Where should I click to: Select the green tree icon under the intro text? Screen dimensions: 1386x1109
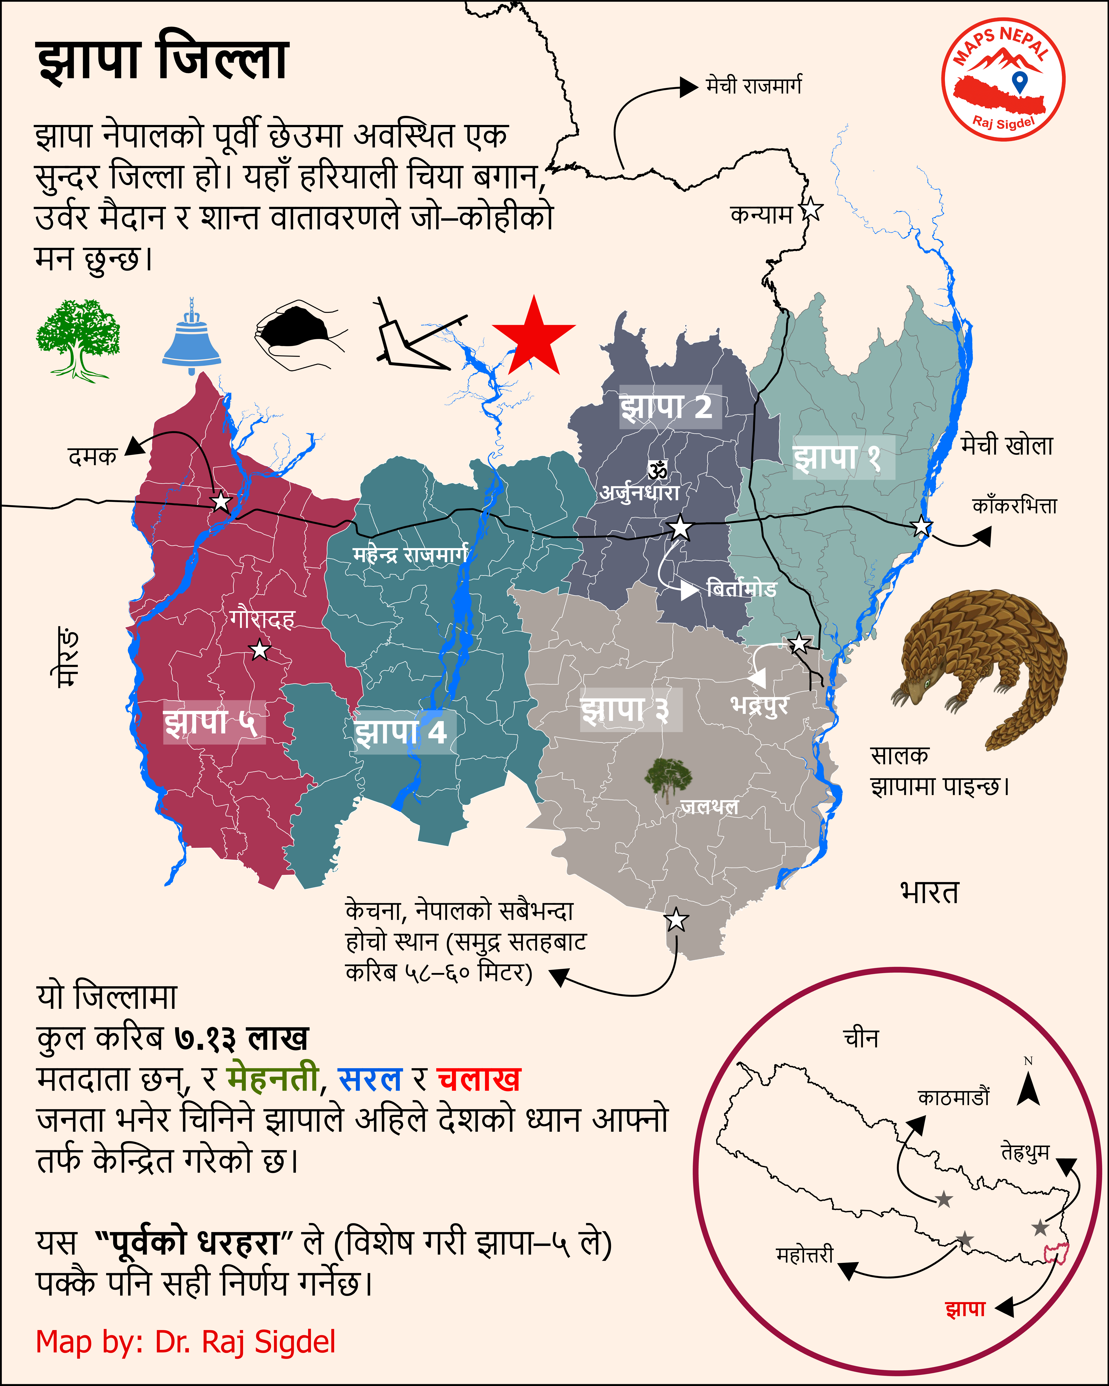click(x=78, y=339)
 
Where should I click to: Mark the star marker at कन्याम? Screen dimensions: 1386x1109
click(x=811, y=210)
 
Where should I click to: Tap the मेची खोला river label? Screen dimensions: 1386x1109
click(x=1007, y=446)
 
